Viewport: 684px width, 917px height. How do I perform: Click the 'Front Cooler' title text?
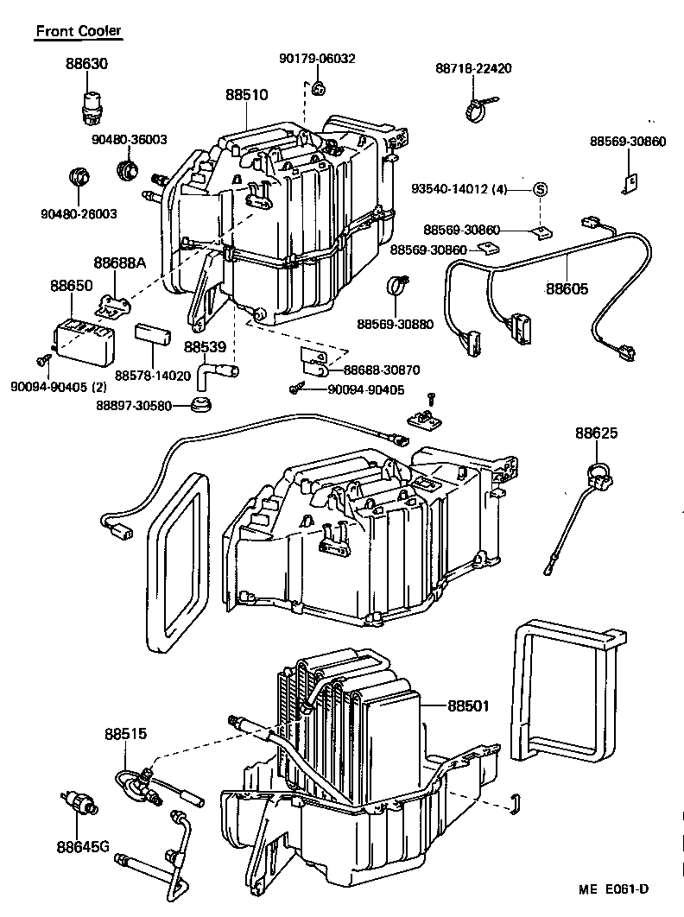coord(79,31)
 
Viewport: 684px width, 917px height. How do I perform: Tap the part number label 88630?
coord(86,64)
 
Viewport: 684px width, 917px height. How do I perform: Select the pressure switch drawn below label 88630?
coord(90,102)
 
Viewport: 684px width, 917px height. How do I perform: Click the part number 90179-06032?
coord(317,58)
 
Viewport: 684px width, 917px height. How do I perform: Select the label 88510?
coord(247,95)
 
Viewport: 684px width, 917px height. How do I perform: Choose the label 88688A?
coord(120,261)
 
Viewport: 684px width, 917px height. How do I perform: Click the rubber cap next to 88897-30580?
coord(203,405)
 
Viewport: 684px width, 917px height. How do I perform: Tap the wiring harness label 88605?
coord(567,288)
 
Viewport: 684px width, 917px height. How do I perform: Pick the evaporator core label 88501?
coord(468,705)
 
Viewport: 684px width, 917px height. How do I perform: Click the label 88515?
coord(126,734)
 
